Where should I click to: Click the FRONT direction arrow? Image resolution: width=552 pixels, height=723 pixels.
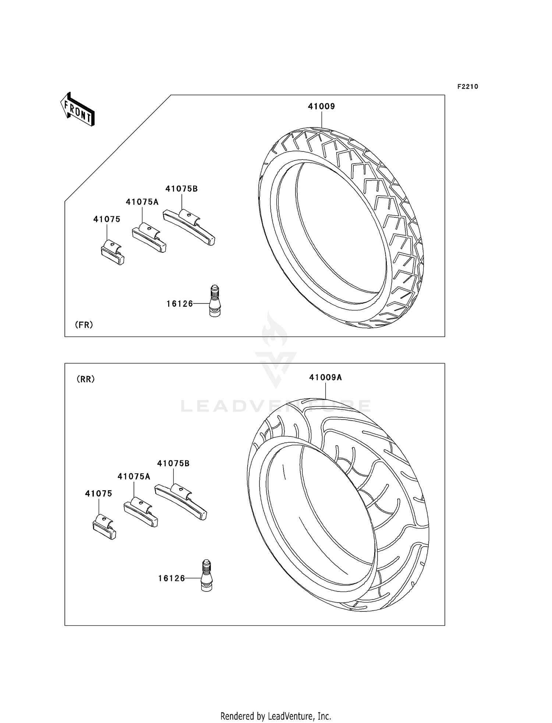coord(78,110)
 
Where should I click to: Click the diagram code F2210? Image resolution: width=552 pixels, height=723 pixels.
coord(467,87)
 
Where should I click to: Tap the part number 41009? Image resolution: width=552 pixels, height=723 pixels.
coord(321,106)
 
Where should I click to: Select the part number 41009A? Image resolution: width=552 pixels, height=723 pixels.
coord(325,378)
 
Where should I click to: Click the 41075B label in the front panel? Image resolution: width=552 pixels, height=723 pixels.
coord(181,189)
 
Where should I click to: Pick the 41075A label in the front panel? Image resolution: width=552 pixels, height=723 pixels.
coord(142,202)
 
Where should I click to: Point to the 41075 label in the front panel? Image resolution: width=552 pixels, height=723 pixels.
coord(107,219)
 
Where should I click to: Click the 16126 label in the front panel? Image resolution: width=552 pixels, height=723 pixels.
coord(180,304)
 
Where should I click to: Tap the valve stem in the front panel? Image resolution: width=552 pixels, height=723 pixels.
coord(215,301)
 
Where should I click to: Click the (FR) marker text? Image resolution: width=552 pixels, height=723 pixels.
coord(84,325)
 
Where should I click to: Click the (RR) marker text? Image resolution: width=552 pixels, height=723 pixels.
coord(86,379)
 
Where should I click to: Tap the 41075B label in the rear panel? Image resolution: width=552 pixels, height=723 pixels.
coord(173,464)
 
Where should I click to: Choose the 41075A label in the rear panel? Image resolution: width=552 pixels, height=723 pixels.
coord(134,477)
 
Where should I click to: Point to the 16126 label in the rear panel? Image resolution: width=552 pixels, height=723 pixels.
coord(171,579)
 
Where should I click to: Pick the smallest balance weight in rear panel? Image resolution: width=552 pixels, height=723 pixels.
coord(104,527)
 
